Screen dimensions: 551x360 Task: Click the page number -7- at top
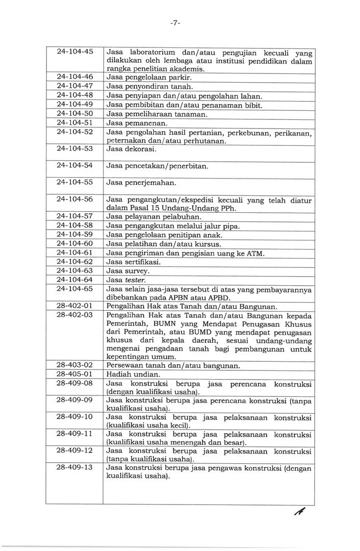(176, 23)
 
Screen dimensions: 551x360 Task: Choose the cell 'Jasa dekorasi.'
(131, 149)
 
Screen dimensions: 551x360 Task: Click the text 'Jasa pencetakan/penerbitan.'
(157, 166)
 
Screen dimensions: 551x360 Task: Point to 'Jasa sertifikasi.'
(134, 262)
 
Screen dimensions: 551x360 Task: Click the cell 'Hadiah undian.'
(131, 374)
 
